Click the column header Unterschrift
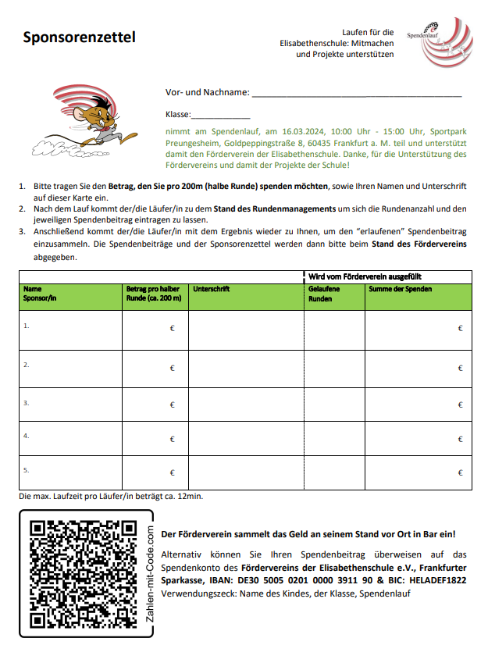tap(211, 289)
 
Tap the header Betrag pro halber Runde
tap(153, 294)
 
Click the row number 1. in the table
tap(27, 325)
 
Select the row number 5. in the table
tap(27, 470)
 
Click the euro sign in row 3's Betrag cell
tap(172, 405)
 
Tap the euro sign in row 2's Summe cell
tap(460, 368)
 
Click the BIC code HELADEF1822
tap(436, 580)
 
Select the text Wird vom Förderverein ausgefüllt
tap(366, 276)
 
